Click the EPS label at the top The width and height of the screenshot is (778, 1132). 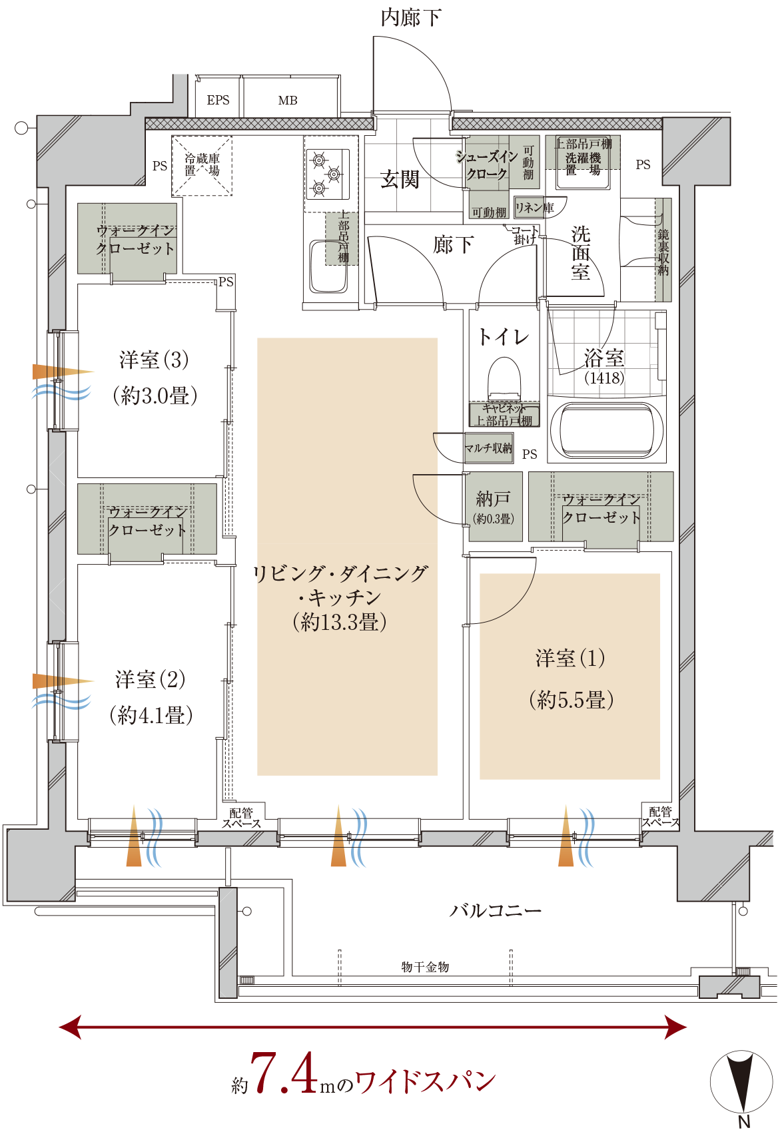tap(218, 101)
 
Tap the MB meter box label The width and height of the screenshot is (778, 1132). tap(288, 101)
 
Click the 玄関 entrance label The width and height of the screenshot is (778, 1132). tap(400, 179)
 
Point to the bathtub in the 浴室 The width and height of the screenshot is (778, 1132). tap(605, 430)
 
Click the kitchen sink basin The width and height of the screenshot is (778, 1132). tap(328, 267)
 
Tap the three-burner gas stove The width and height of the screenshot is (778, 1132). tap(327, 174)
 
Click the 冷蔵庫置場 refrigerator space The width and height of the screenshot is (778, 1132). tap(202, 165)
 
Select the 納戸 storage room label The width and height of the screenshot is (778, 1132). tap(493, 499)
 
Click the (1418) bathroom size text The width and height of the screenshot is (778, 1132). tap(604, 378)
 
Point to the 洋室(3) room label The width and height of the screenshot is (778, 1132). tap(154, 360)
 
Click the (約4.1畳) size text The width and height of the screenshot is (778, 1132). tap(151, 716)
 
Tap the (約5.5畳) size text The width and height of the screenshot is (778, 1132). tap(571, 700)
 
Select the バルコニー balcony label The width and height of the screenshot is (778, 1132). tap(495, 910)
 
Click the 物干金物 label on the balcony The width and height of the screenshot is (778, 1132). tap(425, 967)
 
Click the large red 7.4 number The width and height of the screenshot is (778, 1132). tap(283, 1073)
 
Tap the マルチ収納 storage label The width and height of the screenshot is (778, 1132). tap(489, 448)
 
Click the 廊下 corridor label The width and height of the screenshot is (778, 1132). tap(453, 245)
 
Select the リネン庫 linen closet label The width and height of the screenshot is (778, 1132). tap(534, 208)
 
